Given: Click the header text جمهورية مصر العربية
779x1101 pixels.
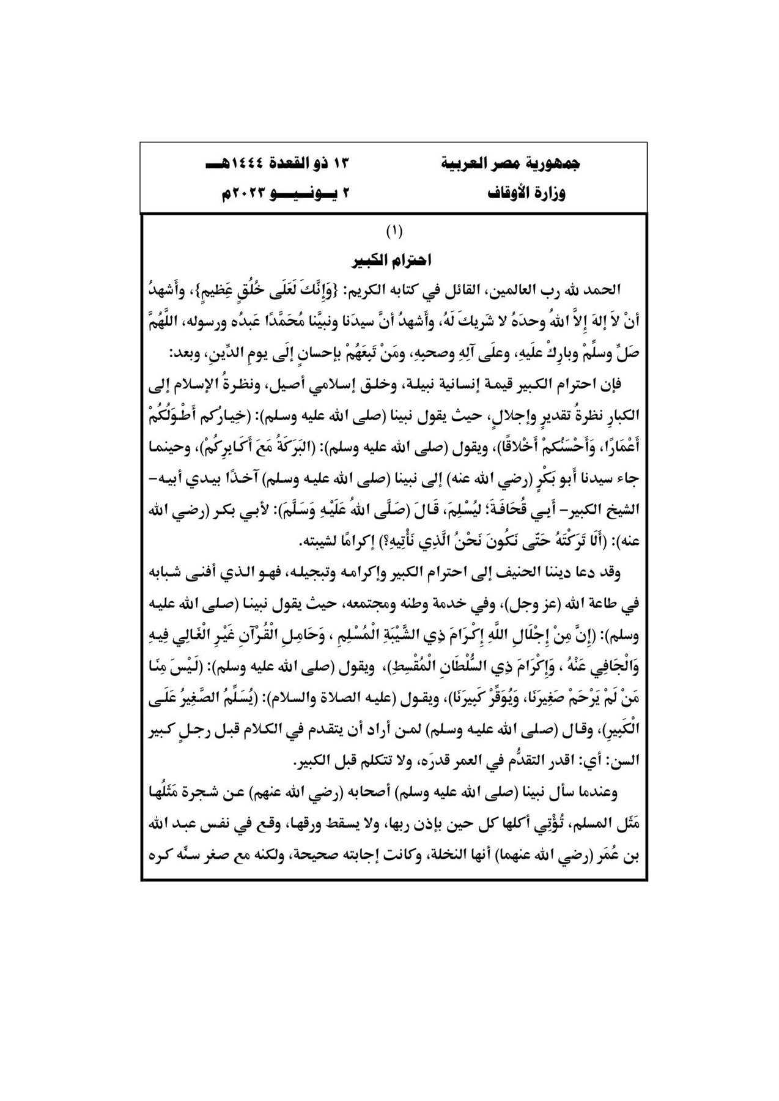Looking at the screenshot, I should (x=510, y=164).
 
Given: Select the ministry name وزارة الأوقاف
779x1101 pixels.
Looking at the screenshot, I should (x=526, y=194).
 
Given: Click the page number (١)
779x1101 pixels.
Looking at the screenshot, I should (x=394, y=232).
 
